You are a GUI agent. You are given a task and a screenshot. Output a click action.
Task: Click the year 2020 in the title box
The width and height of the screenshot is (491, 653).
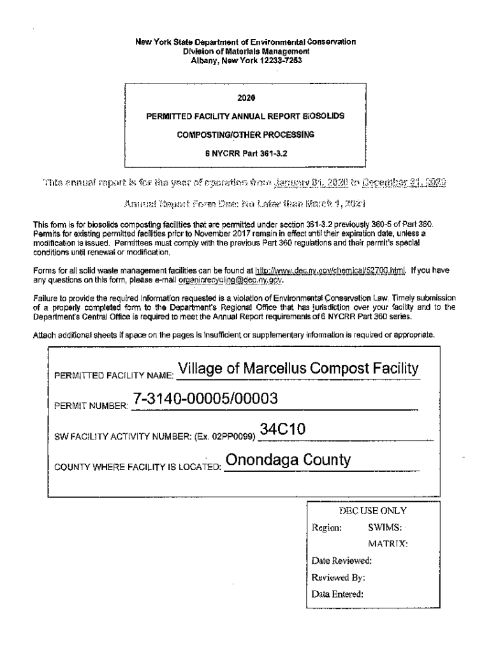point(246,98)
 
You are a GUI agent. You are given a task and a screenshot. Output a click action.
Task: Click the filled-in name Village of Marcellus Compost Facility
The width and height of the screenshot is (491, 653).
point(298,369)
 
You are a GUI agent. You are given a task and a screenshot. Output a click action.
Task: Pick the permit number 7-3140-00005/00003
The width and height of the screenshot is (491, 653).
point(205,399)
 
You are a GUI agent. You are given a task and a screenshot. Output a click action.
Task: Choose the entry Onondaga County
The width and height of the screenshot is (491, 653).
point(288,460)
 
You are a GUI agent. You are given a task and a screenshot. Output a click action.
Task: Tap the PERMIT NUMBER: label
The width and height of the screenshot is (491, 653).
point(92,405)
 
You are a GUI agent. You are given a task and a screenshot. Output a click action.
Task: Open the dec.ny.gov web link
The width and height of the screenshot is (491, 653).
point(330,270)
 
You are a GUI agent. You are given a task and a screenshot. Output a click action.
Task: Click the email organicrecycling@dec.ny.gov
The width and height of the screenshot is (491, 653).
point(231,279)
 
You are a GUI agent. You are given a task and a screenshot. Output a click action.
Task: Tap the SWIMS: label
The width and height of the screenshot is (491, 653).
point(385,528)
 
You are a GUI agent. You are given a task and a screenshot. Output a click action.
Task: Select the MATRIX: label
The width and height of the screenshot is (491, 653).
point(388,545)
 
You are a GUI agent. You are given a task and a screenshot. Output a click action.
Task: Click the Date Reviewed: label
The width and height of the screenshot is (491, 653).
point(341,561)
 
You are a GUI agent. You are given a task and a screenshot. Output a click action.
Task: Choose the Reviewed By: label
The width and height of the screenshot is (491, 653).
point(338,578)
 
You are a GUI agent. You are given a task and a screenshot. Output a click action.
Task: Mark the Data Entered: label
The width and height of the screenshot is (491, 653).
point(337,594)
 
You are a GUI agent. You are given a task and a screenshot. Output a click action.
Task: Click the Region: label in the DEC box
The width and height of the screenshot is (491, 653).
point(326,528)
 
